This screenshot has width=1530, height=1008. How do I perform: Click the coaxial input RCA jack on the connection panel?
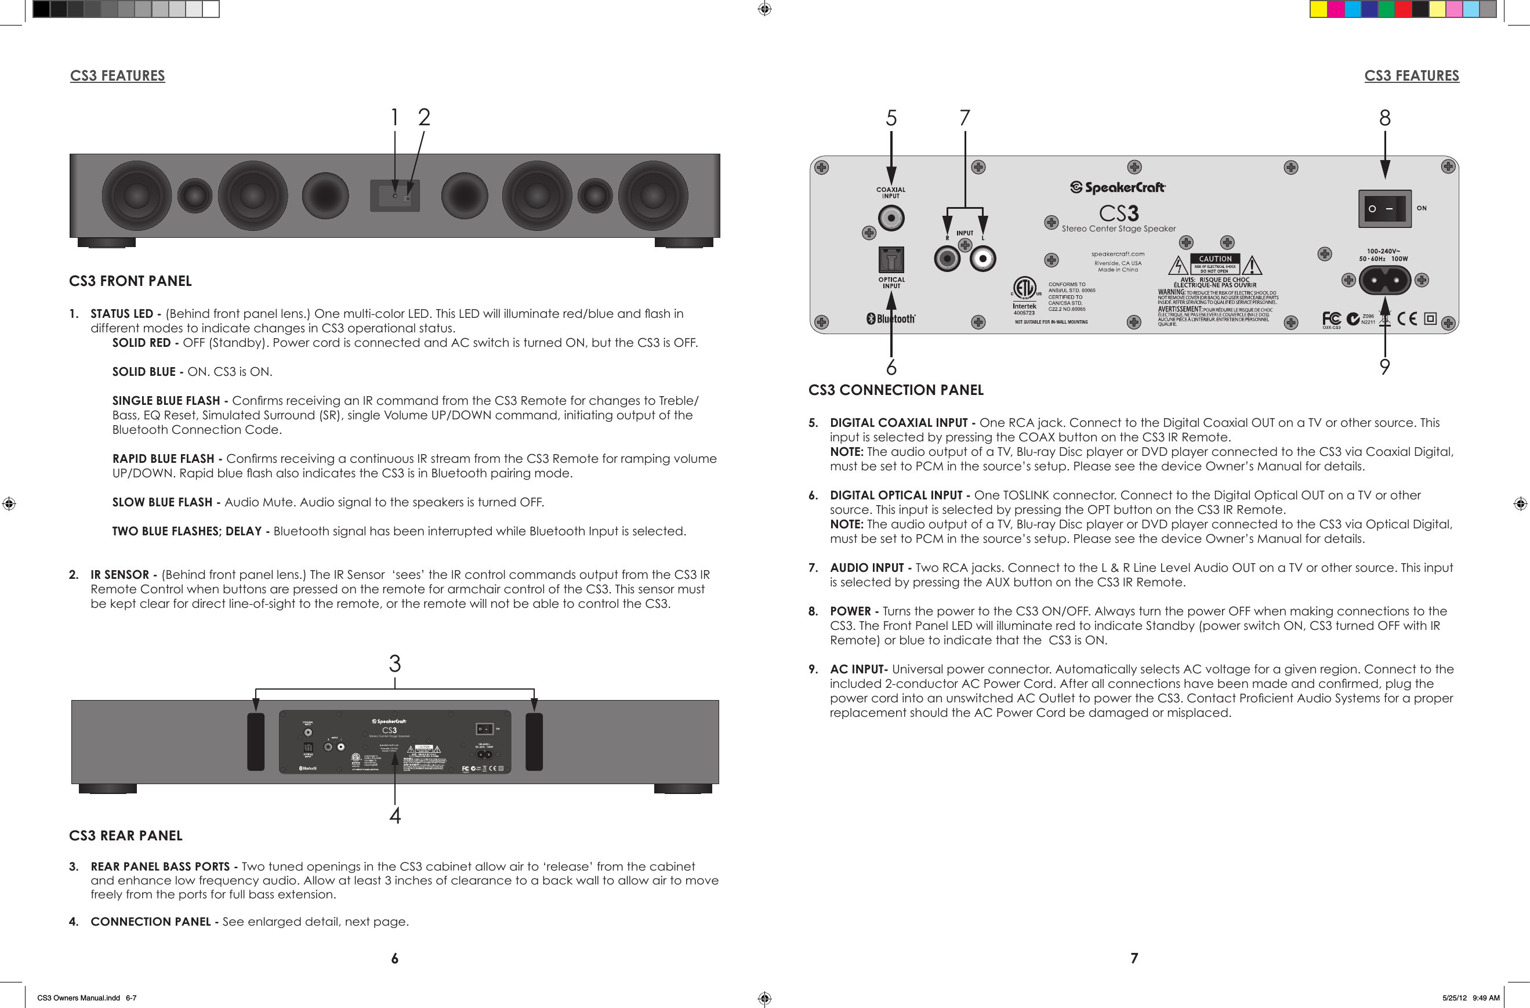pyautogui.click(x=891, y=218)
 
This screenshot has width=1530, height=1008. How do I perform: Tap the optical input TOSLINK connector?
pyautogui.click(x=891, y=260)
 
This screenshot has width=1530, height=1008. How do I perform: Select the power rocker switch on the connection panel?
pyautogui.click(x=1384, y=209)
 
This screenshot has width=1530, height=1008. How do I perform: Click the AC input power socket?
pyautogui.click(x=1384, y=280)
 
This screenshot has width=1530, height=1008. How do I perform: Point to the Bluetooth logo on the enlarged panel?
pyautogui.click(x=891, y=319)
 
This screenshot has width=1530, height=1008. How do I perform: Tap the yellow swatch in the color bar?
pyautogui.click(x=1319, y=9)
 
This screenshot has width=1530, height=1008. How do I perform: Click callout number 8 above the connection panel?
pyautogui.click(x=1385, y=118)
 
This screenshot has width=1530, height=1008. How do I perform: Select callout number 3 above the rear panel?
pyautogui.click(x=395, y=663)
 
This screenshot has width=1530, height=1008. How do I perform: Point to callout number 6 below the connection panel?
pyautogui.click(x=891, y=368)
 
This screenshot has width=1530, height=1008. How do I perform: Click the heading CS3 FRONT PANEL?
pyautogui.click(x=130, y=281)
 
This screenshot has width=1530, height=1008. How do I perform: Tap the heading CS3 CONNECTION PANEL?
pyautogui.click(x=895, y=390)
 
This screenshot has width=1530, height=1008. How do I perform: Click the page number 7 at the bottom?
pyautogui.click(x=1134, y=959)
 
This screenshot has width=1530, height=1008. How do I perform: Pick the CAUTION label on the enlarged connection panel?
pyautogui.click(x=1215, y=259)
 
